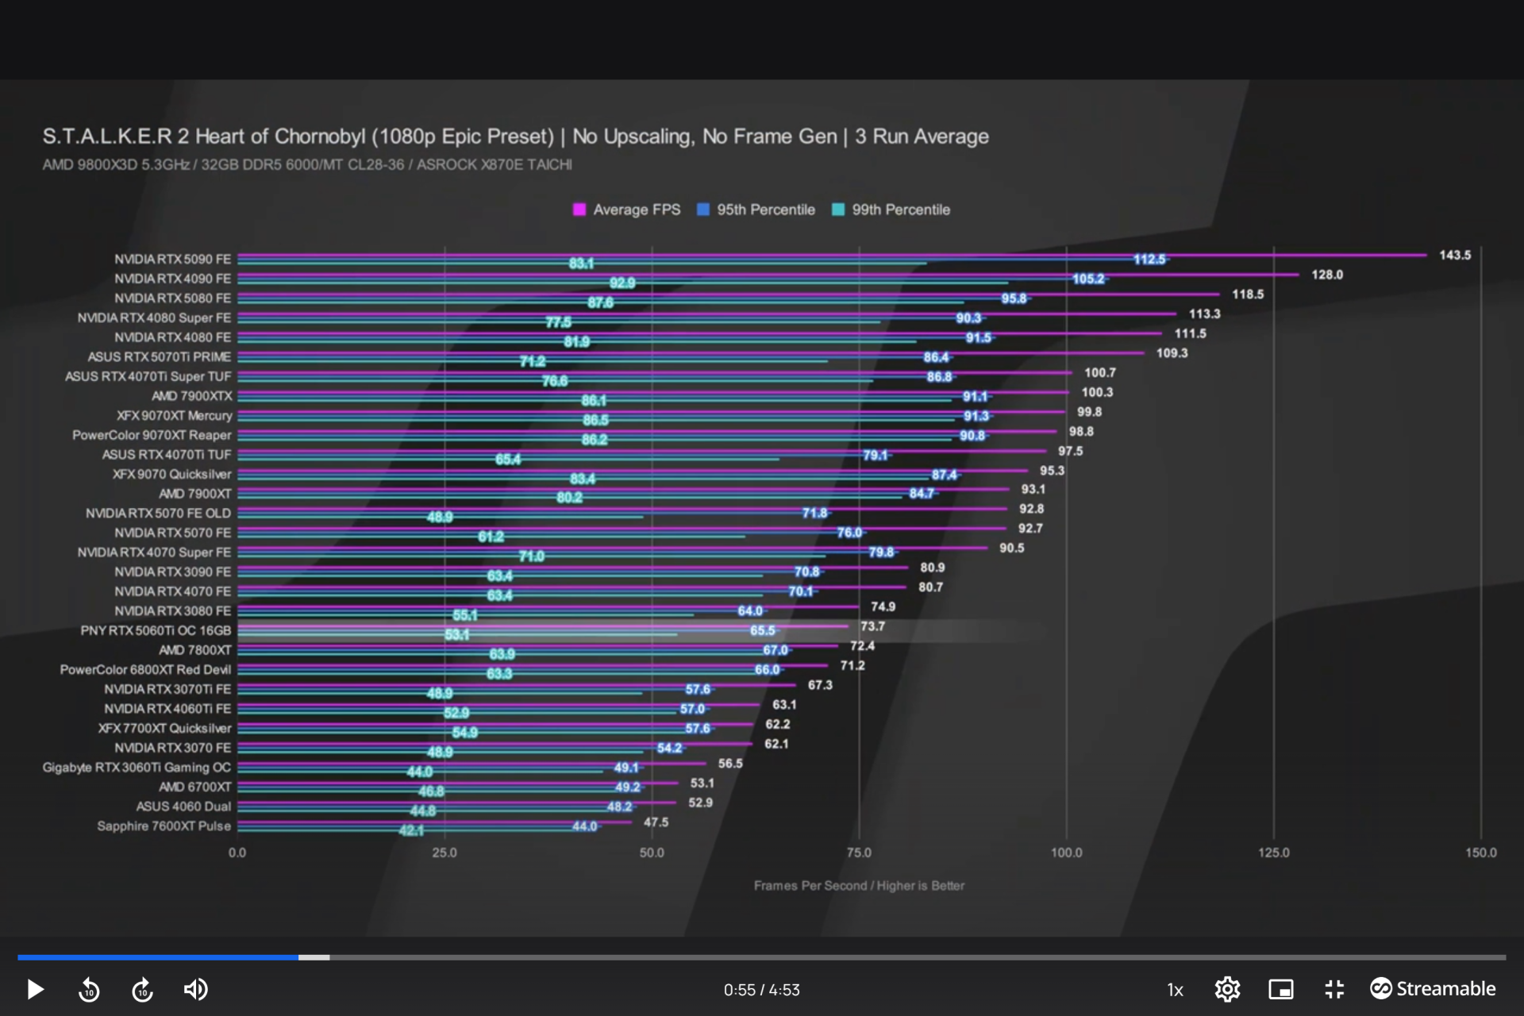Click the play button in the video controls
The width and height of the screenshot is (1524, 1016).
pos(35,989)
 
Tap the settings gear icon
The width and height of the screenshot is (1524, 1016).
pos(1227,989)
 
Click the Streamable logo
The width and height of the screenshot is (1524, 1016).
pos(1433,989)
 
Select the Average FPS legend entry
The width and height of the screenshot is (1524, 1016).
pos(627,210)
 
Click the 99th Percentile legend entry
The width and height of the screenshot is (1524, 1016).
pos(891,210)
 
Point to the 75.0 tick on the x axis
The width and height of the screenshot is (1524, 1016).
pos(859,852)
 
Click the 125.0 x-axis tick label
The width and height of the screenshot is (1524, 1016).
pos(1273,852)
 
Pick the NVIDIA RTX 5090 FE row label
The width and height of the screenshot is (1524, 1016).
pos(172,260)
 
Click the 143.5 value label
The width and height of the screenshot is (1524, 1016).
pos(1455,255)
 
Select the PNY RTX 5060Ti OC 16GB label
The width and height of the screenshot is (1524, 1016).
pos(156,630)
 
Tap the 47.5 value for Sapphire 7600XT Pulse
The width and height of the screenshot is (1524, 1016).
pos(656,822)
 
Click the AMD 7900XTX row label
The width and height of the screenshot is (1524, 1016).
pos(192,396)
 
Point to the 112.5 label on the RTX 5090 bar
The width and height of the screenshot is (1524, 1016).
pos(1149,260)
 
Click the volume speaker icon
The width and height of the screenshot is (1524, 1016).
pos(195,989)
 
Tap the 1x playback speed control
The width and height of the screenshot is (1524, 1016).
pos(1175,990)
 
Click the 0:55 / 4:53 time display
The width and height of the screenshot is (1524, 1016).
pos(761,990)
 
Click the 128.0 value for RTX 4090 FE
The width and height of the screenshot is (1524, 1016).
pos(1326,275)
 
